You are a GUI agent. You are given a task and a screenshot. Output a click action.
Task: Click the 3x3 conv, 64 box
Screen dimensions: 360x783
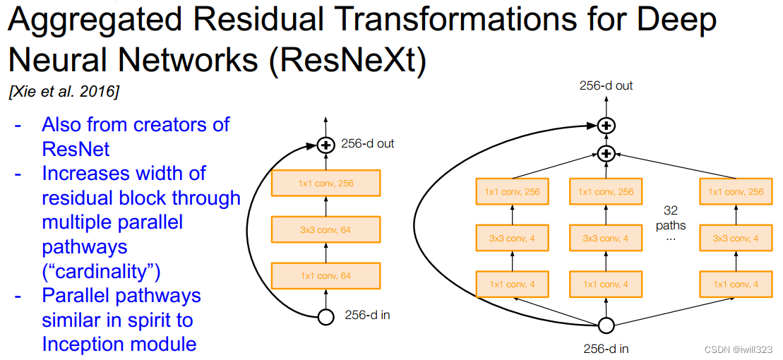point(325,229)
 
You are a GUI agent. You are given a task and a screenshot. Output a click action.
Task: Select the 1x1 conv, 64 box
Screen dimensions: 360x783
point(325,275)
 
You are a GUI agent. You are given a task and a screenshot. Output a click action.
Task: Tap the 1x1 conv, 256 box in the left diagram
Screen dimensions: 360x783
point(325,184)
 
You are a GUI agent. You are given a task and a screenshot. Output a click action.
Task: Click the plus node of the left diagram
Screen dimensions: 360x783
point(325,145)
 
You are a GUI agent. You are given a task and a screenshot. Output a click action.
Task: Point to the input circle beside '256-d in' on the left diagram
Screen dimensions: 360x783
point(325,316)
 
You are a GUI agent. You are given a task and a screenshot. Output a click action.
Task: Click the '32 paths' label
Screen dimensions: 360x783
point(670,218)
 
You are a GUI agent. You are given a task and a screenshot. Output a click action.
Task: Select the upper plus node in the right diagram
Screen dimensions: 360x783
point(606,126)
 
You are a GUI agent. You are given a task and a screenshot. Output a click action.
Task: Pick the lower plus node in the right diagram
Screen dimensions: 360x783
point(606,153)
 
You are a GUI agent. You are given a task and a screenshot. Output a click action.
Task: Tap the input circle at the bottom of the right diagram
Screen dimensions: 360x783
point(606,325)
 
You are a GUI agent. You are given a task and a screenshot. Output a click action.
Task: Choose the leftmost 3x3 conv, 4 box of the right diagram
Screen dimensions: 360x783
point(513,238)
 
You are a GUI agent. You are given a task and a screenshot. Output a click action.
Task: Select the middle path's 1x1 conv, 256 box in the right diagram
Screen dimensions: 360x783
point(606,191)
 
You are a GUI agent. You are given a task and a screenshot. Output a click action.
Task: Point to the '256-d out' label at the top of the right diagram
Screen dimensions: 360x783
point(606,86)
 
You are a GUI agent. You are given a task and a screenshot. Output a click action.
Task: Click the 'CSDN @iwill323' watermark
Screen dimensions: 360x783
point(739,349)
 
